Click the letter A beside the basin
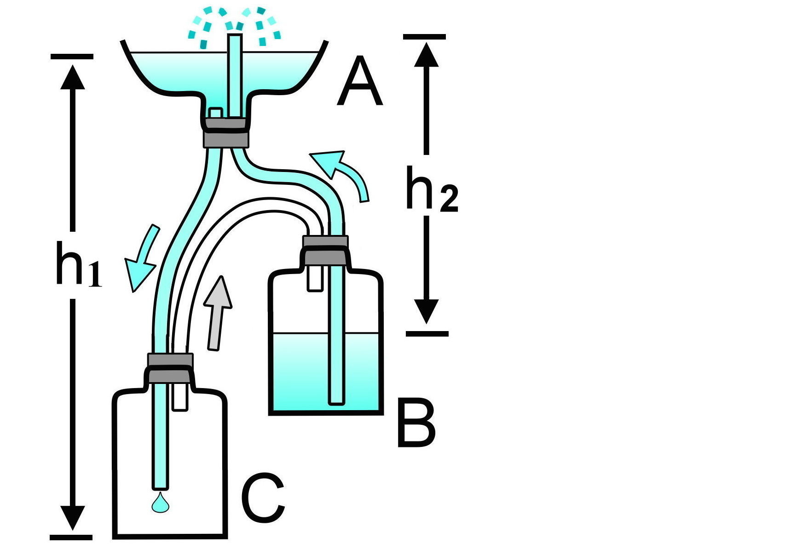point(359,81)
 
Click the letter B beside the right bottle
point(416,424)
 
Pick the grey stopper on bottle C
point(169,368)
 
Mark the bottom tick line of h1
point(71,537)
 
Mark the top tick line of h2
point(424,37)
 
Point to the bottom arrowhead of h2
point(426,311)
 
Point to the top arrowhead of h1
point(72,76)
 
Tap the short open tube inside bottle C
point(179,397)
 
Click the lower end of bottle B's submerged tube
point(337,404)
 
